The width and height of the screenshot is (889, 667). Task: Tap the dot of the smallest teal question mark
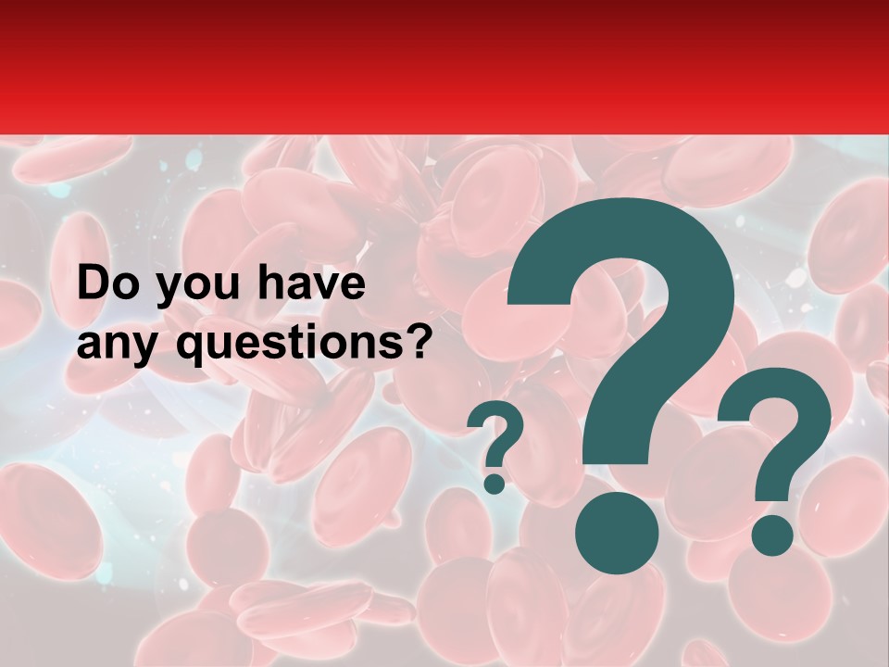495,483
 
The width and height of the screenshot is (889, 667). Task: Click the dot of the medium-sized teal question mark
771,535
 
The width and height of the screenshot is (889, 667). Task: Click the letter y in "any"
149,348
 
